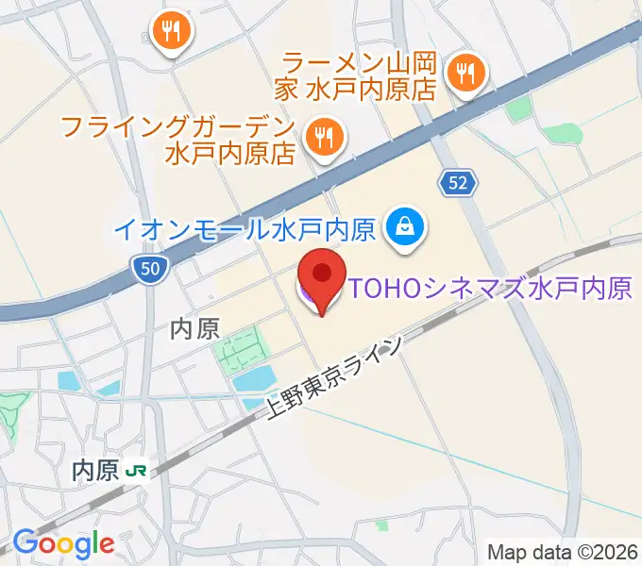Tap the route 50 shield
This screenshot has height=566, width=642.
pyautogui.click(x=149, y=270)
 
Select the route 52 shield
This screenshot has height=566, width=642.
pyautogui.click(x=458, y=183)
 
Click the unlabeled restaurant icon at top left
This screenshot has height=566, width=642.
pyautogui.click(x=171, y=31)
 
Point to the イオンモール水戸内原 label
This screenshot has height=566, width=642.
pyautogui.click(x=245, y=227)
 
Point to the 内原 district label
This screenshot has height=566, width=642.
pyautogui.click(x=194, y=328)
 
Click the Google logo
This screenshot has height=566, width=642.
pyautogui.click(x=63, y=542)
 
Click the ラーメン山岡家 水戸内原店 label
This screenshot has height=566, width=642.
pyautogui.click(x=360, y=75)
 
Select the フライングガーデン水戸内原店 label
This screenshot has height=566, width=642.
pyautogui.click(x=178, y=139)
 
